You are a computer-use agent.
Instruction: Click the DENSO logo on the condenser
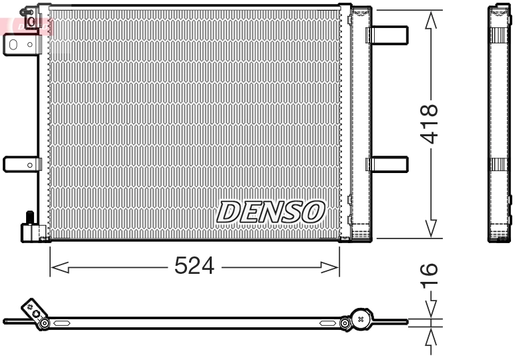pos(270,212)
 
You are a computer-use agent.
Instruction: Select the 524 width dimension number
pos(194,266)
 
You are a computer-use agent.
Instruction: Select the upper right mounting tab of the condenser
pos(387,35)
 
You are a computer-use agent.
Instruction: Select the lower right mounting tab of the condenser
pos(387,164)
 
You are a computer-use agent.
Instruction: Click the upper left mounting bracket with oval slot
pos(21,45)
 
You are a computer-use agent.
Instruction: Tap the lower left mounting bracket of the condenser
pos(21,164)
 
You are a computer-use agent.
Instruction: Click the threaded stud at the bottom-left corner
pos(29,218)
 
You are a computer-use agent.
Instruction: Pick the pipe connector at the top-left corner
pos(31,18)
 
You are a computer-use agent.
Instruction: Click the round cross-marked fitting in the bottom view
pos(361,320)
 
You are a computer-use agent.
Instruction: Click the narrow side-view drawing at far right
pos(498,124)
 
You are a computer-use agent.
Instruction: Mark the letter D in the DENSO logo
pos(228,212)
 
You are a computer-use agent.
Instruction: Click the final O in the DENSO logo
pos(313,212)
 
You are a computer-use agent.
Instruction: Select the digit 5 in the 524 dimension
pos(180,266)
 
